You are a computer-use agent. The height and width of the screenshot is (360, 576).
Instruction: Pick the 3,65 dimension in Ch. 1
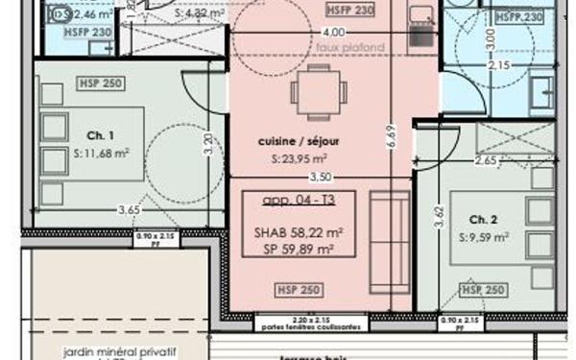(128, 210)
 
